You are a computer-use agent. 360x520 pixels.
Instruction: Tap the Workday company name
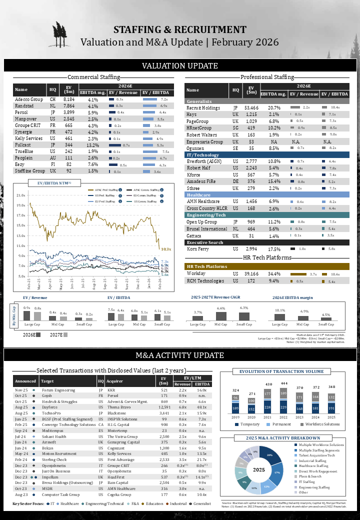point(196,274)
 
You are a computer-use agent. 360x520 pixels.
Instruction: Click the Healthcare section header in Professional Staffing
point(198,194)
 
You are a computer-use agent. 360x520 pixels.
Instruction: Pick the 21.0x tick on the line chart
point(21,195)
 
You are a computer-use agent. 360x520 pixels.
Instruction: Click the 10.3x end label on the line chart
point(165,248)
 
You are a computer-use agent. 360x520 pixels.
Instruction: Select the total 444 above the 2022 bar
point(284,383)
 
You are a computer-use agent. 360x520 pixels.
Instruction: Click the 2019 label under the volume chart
point(235,416)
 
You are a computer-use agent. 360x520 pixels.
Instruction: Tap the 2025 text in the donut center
point(259,470)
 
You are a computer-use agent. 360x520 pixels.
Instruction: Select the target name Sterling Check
point(54,459)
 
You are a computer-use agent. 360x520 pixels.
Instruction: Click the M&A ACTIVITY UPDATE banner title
point(180,355)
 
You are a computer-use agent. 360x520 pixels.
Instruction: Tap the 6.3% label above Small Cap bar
point(244,308)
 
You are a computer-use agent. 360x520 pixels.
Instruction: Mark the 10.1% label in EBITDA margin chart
point(280,310)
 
